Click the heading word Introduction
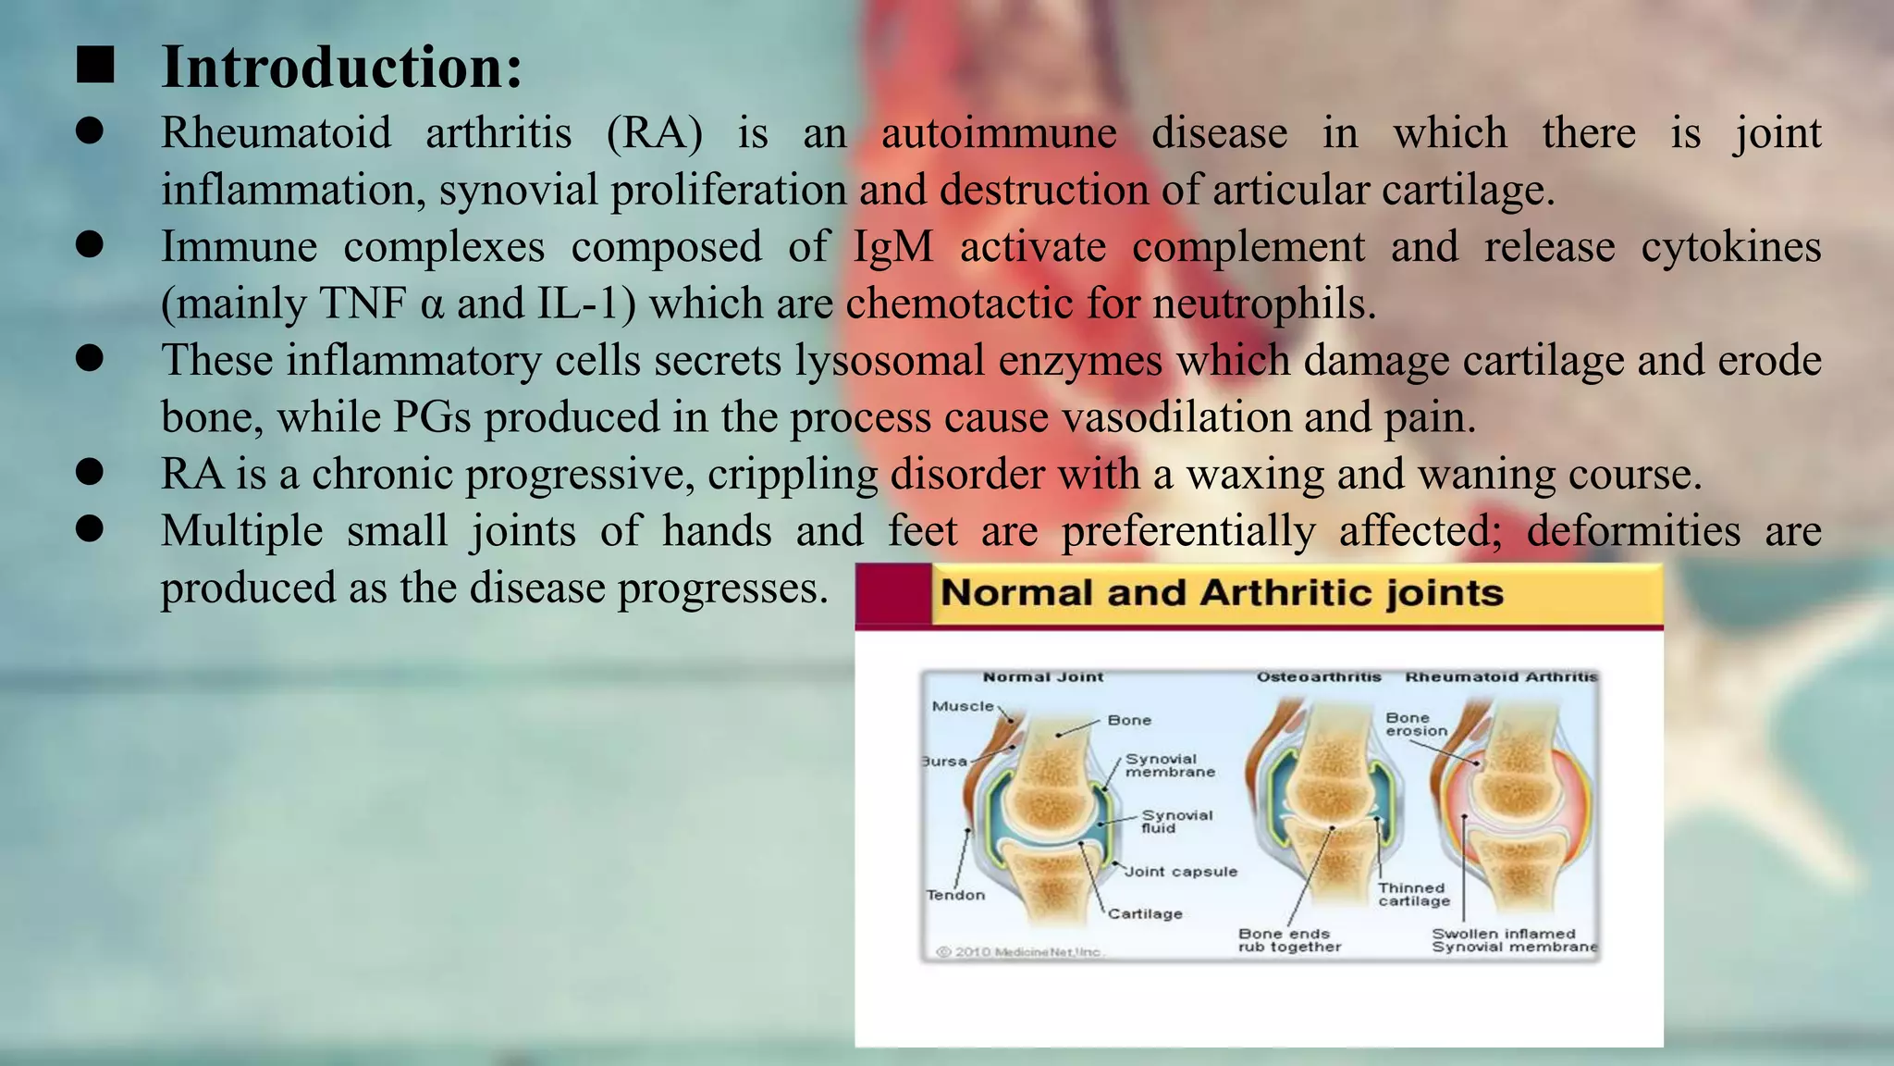pyautogui.click(x=341, y=68)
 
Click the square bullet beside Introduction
pyautogui.click(x=95, y=67)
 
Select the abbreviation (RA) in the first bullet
pyautogui.click(x=654, y=132)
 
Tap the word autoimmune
pyautogui.click(x=999, y=132)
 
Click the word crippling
pyautogui.click(x=793, y=474)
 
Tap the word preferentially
pyautogui.click(x=1187, y=531)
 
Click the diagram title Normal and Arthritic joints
pyautogui.click(x=1222, y=592)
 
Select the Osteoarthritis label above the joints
pyautogui.click(x=1318, y=677)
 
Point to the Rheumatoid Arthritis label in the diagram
pyautogui.click(x=1501, y=677)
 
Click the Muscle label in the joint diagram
pyautogui.click(x=963, y=706)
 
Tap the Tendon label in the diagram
pyautogui.click(x=955, y=895)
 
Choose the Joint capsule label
pyautogui.click(x=1181, y=872)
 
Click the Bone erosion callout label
pyautogui.click(x=1415, y=724)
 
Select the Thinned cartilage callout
pyautogui.click(x=1413, y=894)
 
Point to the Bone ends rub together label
pyautogui.click(x=1289, y=940)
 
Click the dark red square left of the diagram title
pyautogui.click(x=892, y=594)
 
